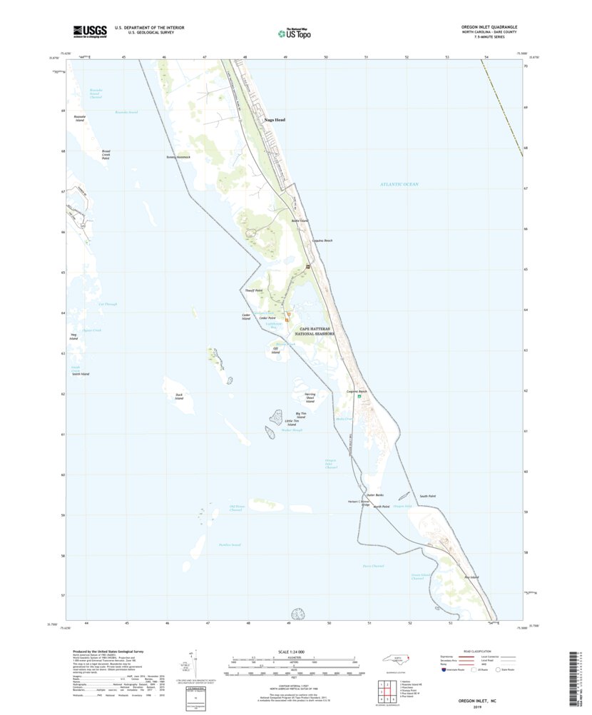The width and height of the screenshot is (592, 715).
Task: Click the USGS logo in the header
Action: click(x=89, y=31)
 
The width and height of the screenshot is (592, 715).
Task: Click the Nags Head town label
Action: click(x=275, y=120)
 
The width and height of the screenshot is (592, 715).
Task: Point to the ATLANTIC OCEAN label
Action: click(x=399, y=184)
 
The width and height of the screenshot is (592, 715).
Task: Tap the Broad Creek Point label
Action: click(x=106, y=154)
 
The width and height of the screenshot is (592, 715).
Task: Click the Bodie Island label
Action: click(x=300, y=221)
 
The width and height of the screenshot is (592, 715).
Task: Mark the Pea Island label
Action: click(x=471, y=577)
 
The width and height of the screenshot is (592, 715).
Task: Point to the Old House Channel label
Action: click(x=236, y=508)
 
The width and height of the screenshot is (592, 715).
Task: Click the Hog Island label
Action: click(x=73, y=338)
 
